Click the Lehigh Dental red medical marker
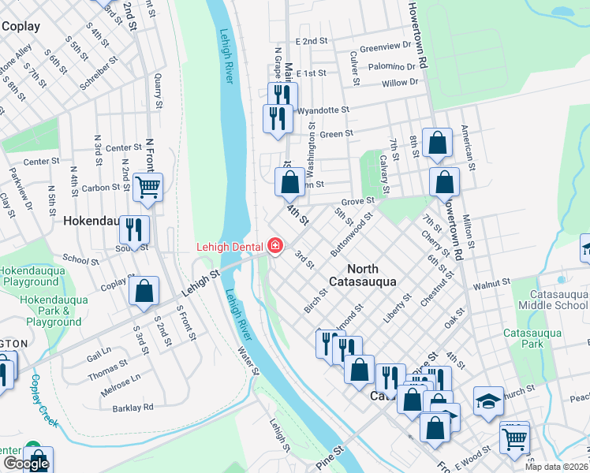(x=274, y=247)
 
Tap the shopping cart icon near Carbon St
(x=147, y=188)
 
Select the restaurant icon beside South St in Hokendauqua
(x=134, y=229)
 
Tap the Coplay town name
(x=21, y=26)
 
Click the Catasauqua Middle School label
(x=551, y=300)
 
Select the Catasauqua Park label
(x=532, y=338)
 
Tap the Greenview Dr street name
(x=386, y=46)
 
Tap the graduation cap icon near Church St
(x=488, y=400)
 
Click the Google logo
(x=26, y=464)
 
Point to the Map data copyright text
(x=557, y=467)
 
